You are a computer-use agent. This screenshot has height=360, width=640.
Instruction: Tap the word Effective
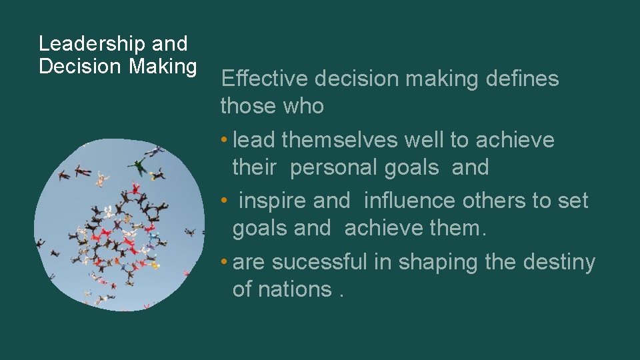coord(265,79)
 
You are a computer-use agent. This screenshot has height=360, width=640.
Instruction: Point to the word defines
coord(523,79)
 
